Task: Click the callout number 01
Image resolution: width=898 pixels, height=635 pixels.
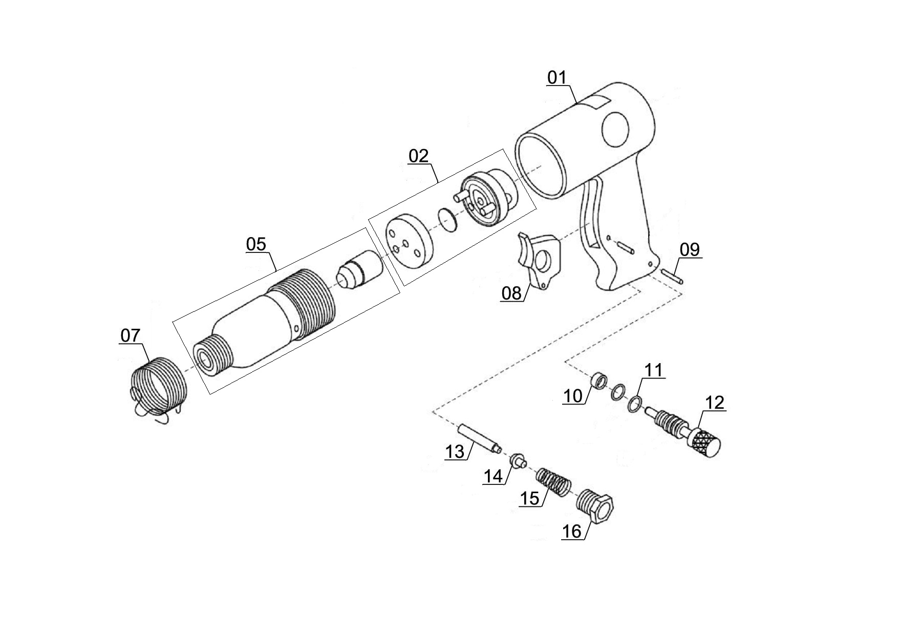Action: [x=557, y=78]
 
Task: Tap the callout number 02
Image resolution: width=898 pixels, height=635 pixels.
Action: [x=418, y=156]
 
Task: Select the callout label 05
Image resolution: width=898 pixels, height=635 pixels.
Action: [x=256, y=244]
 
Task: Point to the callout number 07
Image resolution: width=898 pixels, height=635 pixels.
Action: [x=130, y=335]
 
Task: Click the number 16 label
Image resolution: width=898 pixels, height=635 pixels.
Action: [x=572, y=532]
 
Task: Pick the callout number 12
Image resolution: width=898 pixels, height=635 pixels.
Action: [x=715, y=403]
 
